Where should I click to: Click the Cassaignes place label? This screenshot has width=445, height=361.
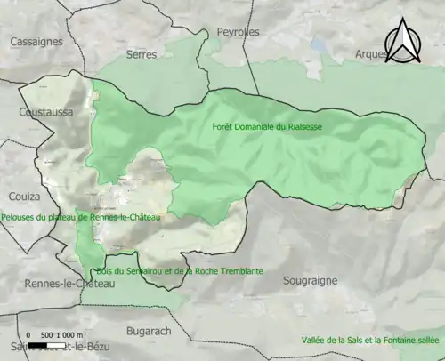pos(36,41)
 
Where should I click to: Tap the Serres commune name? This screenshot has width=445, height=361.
pos(142,54)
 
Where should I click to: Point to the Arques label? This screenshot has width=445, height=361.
pos(371,54)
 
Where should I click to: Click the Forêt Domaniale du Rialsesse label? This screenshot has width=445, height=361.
pos(267,127)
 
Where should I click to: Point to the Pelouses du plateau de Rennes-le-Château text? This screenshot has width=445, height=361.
pos(81,216)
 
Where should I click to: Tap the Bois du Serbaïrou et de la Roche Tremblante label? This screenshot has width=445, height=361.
pos(180,270)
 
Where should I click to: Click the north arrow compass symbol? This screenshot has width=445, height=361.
pos(401,41)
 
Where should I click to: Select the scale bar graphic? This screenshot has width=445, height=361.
pos(54,344)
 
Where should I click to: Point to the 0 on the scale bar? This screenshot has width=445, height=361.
pos(29,334)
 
